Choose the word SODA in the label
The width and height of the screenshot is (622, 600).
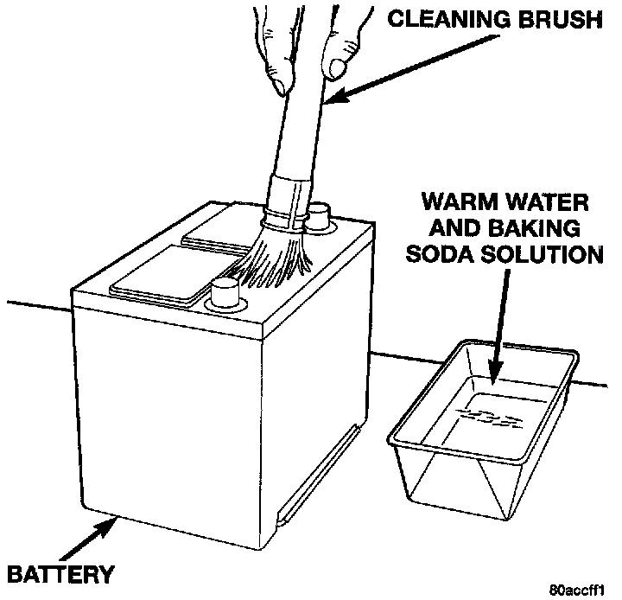[449, 256]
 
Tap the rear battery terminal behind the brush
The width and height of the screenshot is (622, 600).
[319, 216]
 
